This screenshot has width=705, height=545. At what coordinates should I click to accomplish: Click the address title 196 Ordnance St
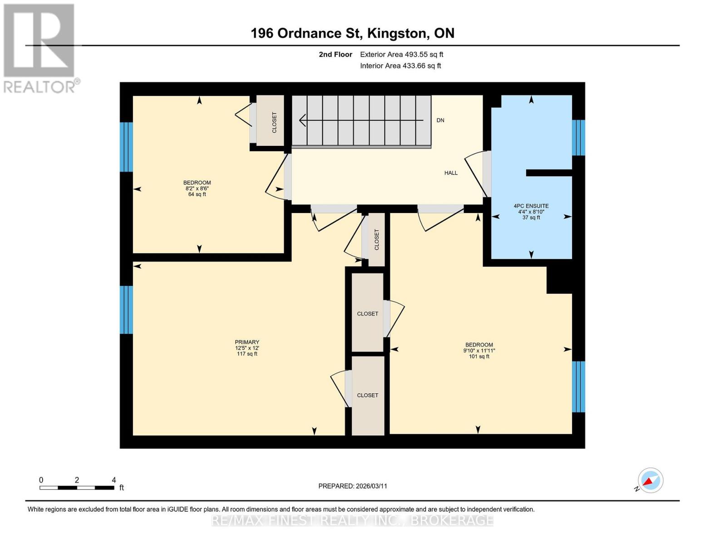click(352, 33)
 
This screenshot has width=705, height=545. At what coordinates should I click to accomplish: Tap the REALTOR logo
click(40, 48)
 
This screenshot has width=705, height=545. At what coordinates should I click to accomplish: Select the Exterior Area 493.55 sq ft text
click(401, 54)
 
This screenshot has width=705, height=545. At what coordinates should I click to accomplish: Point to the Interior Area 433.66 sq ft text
click(400, 66)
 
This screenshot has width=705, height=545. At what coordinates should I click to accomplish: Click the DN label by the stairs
click(440, 120)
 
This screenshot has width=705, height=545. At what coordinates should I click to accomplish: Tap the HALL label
click(451, 173)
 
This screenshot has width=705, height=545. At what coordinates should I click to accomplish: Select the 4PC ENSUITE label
click(531, 206)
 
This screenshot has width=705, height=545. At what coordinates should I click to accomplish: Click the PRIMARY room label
click(247, 342)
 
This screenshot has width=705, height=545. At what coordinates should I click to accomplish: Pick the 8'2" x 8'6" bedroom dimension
click(197, 188)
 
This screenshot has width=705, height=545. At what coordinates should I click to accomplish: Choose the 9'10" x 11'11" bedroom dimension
click(479, 351)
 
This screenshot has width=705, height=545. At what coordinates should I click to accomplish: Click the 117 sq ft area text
click(247, 354)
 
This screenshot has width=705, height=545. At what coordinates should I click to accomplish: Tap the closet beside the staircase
click(271, 121)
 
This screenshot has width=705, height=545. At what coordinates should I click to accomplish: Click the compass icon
click(650, 481)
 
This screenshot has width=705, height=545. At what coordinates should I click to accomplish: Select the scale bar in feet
click(77, 487)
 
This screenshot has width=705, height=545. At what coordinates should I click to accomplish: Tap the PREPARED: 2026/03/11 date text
click(353, 486)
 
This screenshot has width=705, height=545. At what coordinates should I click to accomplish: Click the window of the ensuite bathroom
click(578, 138)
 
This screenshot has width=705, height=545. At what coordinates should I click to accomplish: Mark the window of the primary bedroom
click(126, 310)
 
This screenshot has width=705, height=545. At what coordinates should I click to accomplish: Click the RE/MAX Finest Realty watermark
click(353, 520)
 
